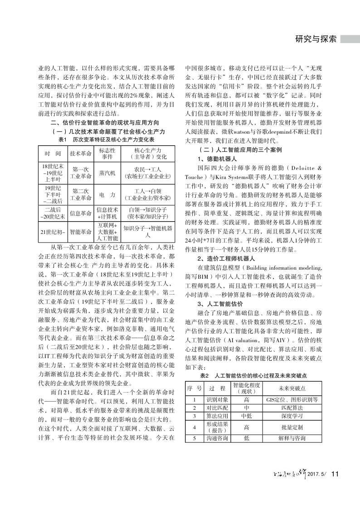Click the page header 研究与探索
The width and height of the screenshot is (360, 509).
316,39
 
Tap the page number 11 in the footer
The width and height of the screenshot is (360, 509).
336,474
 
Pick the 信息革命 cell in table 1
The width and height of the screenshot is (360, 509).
81,213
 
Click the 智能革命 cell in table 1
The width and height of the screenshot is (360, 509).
81,232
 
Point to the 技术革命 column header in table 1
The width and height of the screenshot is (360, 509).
81,153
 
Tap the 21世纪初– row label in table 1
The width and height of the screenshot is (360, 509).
53,232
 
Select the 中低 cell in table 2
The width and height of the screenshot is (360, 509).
246,415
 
